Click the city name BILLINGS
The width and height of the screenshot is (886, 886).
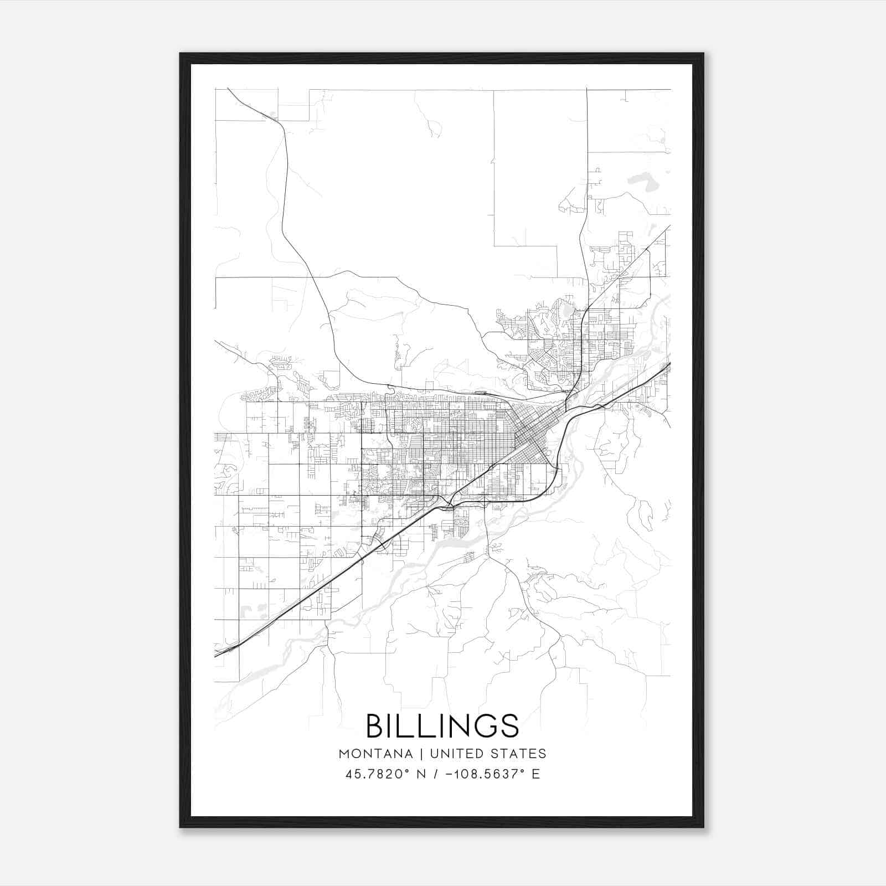(442, 725)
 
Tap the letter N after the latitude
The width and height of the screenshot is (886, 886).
(421, 774)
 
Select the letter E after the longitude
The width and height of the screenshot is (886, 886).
(535, 774)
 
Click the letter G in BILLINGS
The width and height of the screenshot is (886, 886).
(486, 725)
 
